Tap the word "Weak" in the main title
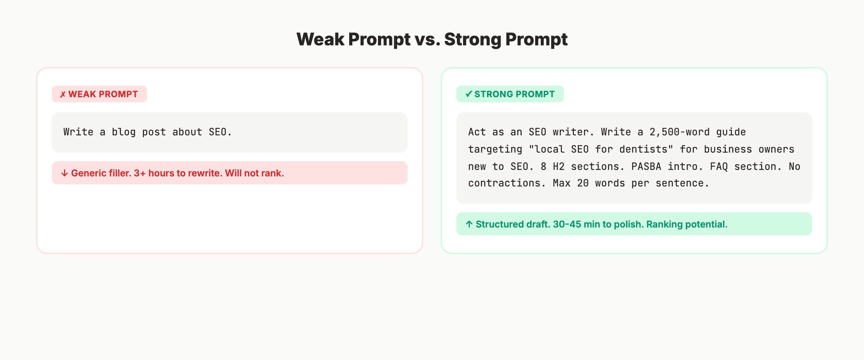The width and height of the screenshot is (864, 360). point(320,39)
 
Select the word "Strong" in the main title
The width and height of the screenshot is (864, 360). point(472,39)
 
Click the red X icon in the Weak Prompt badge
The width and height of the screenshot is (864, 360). point(63,95)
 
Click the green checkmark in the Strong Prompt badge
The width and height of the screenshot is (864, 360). point(468,94)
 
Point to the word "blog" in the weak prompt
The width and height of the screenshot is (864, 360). point(123,132)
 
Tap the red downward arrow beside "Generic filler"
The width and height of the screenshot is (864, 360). point(64,173)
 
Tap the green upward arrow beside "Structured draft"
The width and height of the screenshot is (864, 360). point(469,224)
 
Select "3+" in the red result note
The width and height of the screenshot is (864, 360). point(140,173)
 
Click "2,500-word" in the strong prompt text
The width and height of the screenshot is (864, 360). point(679,132)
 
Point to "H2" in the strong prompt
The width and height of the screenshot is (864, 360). point(559,167)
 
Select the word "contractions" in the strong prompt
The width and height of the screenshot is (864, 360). point(504,183)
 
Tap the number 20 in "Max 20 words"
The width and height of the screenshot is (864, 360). point(583,183)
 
